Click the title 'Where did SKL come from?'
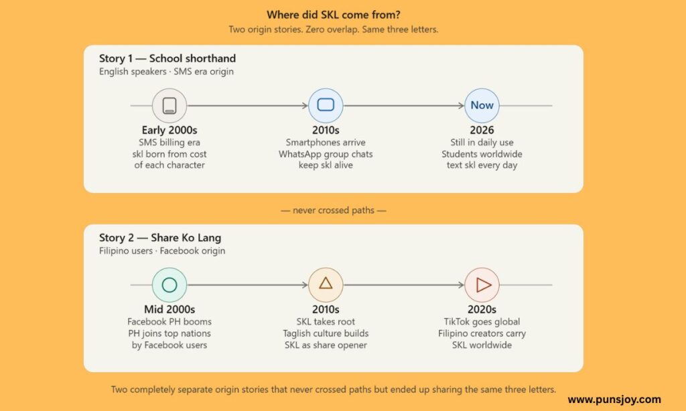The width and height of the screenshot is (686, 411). [334, 15]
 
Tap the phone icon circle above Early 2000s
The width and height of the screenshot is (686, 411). [169, 105]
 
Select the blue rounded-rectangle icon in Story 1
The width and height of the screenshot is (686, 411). [326, 105]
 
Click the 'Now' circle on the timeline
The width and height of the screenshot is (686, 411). [482, 105]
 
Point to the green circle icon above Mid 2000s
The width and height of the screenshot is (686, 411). [169, 284]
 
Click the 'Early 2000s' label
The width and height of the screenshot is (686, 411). [169, 131]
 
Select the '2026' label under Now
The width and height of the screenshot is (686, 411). [482, 131]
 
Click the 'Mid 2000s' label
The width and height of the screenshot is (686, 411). [169, 309]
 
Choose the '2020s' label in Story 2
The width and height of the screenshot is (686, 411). [482, 309]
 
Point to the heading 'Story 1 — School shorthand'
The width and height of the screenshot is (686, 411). [167, 59]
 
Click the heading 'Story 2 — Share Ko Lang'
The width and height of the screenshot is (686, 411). [160, 238]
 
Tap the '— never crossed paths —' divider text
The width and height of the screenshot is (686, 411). [334, 210]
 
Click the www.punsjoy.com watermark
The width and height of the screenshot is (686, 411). [614, 400]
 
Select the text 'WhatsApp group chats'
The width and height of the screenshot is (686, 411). [326, 154]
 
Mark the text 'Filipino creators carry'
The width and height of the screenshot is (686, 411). [482, 333]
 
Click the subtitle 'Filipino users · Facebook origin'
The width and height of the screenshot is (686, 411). [162, 251]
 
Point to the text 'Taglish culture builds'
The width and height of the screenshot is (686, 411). [326, 333]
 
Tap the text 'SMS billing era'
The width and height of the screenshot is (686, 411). [169, 143]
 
